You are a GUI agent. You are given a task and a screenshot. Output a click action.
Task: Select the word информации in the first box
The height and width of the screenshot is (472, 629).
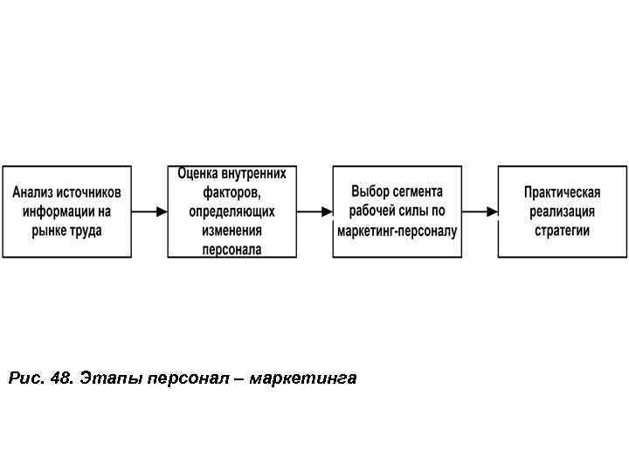[x=59, y=212]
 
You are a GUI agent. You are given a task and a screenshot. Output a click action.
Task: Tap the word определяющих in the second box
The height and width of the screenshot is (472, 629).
[x=232, y=212]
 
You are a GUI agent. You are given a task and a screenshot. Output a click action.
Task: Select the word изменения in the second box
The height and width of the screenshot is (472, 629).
[x=232, y=231]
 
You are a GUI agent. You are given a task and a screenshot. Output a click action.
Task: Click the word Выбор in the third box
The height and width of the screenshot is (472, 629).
[x=370, y=191]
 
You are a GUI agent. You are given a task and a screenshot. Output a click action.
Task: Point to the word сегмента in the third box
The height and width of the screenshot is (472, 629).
[x=418, y=191]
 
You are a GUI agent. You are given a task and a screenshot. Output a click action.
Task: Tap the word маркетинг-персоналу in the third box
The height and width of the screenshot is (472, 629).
[x=397, y=231]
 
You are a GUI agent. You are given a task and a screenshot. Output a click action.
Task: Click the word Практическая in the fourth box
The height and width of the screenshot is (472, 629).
[x=562, y=192]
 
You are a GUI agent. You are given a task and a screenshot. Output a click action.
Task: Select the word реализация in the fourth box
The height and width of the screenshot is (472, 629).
[x=562, y=212]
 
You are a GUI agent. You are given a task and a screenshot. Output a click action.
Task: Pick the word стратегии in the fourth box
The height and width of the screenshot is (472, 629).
[x=562, y=231]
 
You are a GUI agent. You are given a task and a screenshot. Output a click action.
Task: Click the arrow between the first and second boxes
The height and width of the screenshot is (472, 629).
[x=149, y=212]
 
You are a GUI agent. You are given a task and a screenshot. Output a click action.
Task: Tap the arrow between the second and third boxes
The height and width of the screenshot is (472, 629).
[x=314, y=212]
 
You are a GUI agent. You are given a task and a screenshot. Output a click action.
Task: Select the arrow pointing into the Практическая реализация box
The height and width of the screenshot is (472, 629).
[x=480, y=212]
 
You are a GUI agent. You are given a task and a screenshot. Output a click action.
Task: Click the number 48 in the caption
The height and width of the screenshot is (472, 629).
[x=61, y=378]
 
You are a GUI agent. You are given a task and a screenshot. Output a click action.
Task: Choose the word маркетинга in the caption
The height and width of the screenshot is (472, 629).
[x=303, y=378]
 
